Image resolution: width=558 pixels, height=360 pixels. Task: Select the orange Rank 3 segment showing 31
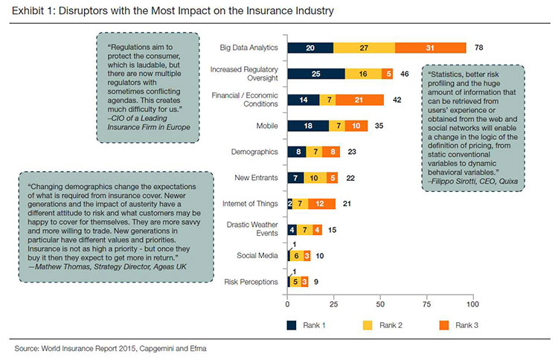pos(431,48)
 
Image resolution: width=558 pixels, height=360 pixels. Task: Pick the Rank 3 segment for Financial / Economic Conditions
pos(359,100)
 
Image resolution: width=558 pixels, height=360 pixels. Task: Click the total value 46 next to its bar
pos(405,74)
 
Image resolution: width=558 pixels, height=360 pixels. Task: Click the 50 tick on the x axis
pos(380,303)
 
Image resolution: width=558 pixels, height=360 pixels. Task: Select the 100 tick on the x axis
pos(472,303)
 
